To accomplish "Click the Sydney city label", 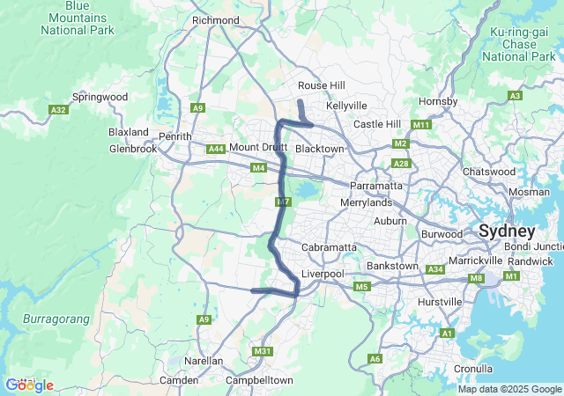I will click(507, 231).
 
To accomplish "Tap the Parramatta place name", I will click(376, 186).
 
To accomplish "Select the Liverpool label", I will click(322, 275).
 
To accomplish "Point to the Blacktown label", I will click(319, 149).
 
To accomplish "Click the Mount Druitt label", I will click(258, 147).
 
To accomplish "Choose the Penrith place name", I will click(174, 136).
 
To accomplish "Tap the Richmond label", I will click(215, 20).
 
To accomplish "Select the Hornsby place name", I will click(439, 101).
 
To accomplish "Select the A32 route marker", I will click(59, 110).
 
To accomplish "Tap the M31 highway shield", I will click(262, 351).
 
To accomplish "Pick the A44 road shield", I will click(216, 150).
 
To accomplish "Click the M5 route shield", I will click(360, 287).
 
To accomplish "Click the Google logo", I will click(29, 385).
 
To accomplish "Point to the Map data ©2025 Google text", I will click(508, 389).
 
